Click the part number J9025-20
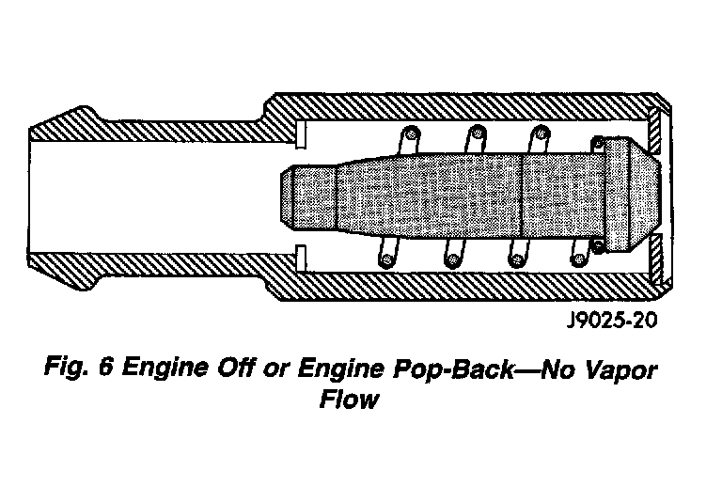[608, 321]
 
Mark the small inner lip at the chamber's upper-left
[303, 135]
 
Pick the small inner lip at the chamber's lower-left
[303, 254]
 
